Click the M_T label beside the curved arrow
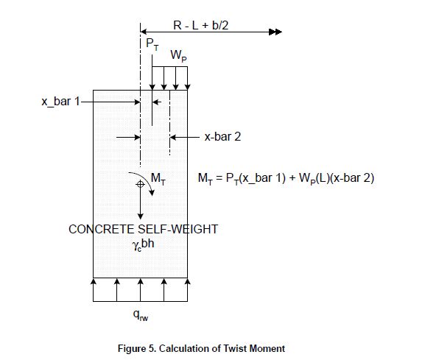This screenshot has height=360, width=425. coord(159,177)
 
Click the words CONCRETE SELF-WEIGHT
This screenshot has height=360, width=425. coord(143,229)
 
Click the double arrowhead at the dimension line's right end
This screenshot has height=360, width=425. coord(275,32)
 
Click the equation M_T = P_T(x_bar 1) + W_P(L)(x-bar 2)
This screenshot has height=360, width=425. coord(287,178)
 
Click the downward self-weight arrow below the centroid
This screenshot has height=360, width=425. coord(140,206)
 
